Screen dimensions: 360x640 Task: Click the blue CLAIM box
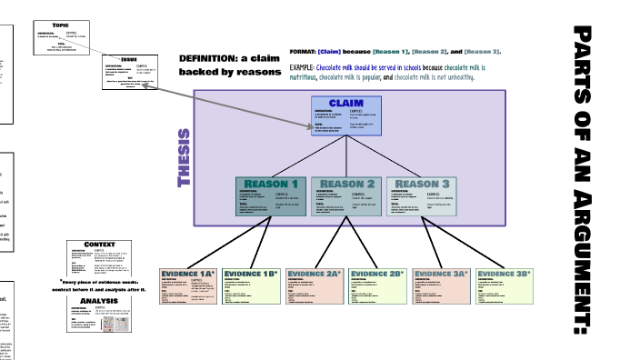[x=346, y=115]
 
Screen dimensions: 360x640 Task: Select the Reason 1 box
[x=271, y=196]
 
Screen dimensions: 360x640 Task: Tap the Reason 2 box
[x=346, y=196]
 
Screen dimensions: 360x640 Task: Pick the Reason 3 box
[x=422, y=196]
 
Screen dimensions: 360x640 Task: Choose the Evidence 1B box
[x=251, y=286]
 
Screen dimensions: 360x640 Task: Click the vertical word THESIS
[x=185, y=158]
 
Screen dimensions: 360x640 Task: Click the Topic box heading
[x=61, y=25]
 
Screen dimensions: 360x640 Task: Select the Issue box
[x=131, y=72]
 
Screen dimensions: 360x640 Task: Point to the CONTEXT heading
[x=99, y=245]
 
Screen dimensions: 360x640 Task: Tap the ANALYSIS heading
[x=99, y=300]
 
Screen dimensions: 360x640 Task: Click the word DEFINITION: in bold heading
[x=207, y=58]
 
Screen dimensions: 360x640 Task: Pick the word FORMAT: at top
[x=303, y=52]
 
